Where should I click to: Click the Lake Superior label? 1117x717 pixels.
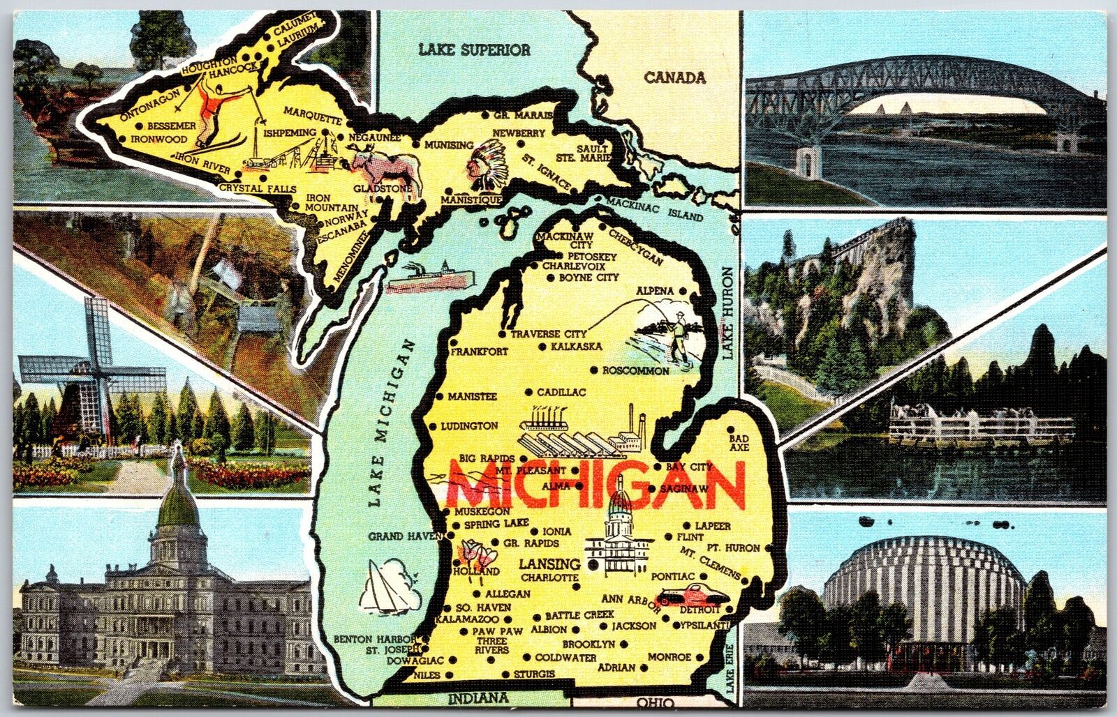coord(474,50)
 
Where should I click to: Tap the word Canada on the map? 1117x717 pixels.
coord(674,77)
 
